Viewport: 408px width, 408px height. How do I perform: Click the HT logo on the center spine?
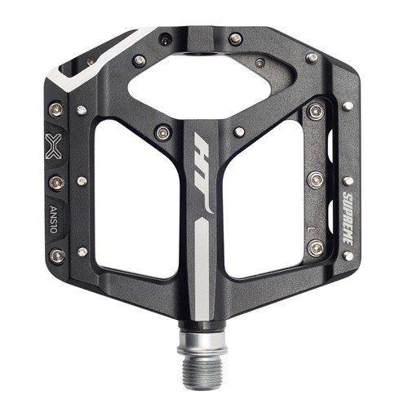202,172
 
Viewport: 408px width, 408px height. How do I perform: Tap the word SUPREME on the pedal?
348,218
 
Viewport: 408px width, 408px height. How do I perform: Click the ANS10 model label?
54,220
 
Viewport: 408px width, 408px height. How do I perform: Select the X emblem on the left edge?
53,146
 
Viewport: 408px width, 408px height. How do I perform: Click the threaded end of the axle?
202,369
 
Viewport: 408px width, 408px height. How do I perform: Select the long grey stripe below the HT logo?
202,268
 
